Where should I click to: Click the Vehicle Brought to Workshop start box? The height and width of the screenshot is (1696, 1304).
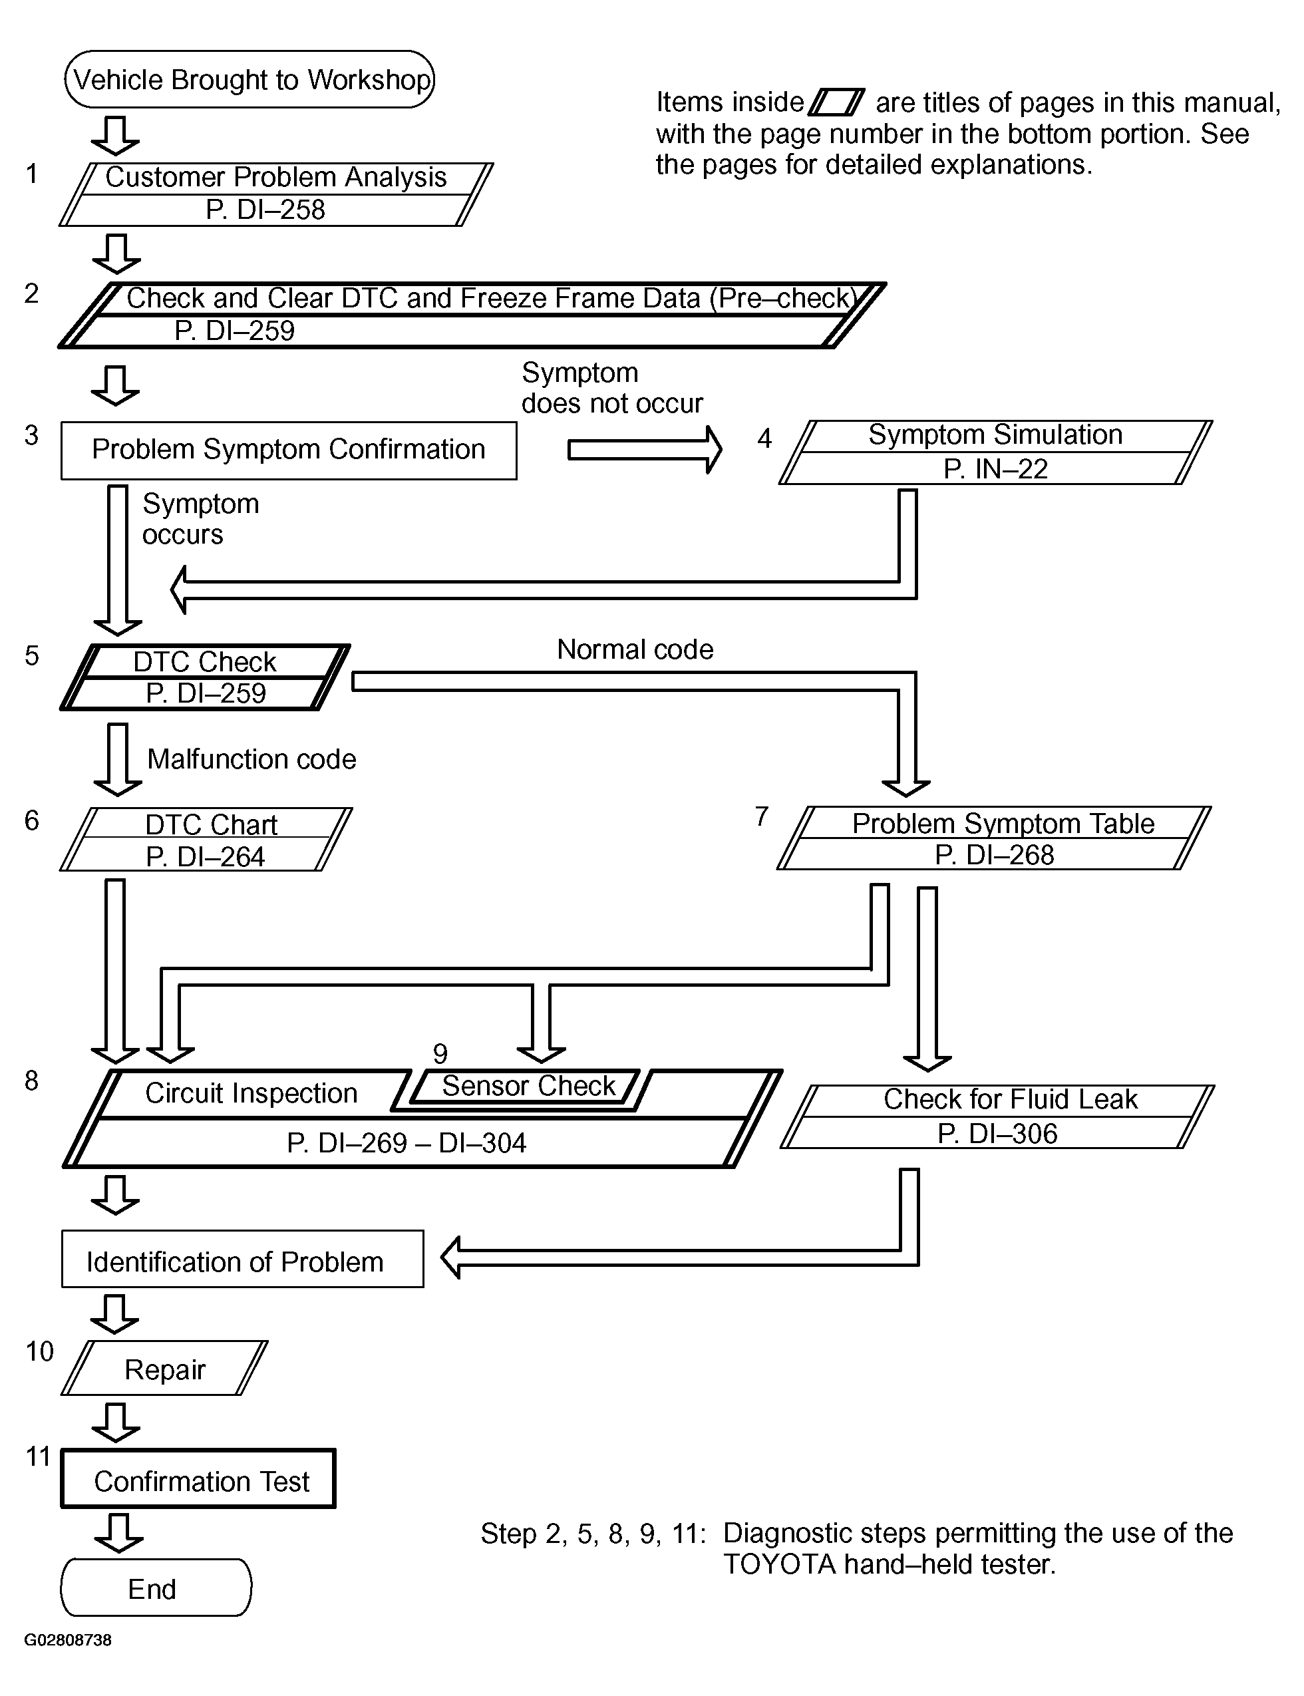[249, 79]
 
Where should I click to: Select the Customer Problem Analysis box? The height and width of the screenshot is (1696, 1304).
[276, 194]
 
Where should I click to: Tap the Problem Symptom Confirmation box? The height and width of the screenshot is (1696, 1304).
[289, 450]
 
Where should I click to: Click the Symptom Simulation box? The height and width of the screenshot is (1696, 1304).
[995, 452]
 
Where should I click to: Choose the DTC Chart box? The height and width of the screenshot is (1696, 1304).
[206, 839]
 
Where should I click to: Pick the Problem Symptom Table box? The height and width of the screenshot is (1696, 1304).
[994, 838]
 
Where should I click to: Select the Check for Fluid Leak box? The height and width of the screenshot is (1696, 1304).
[997, 1116]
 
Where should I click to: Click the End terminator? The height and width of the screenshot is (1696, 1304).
[156, 1589]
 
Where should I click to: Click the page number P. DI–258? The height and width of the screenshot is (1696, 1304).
[265, 210]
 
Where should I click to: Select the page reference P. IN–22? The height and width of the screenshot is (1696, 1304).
[995, 470]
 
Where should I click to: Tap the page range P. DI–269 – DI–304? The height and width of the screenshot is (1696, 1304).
[407, 1143]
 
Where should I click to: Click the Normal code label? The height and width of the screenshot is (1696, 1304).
[635, 649]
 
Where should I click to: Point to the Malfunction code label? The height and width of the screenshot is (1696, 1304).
[251, 759]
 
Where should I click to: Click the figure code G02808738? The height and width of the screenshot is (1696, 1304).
[69, 1640]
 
